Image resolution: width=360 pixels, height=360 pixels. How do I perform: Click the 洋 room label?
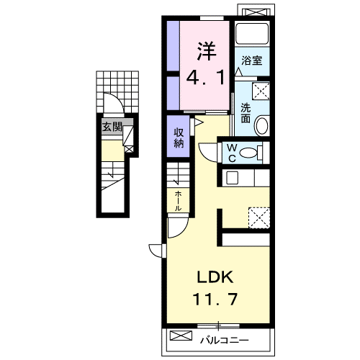click(207, 51)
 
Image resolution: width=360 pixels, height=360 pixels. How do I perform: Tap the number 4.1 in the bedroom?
click(206, 78)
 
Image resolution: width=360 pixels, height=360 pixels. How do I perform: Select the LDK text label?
click(215, 277)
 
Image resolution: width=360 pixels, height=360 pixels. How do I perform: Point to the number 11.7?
click(215, 299)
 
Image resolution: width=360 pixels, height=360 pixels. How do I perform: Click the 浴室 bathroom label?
click(251, 60)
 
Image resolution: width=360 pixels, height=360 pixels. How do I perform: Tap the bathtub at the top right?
click(252, 34)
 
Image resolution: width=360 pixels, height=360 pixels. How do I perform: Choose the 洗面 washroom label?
click(246, 113)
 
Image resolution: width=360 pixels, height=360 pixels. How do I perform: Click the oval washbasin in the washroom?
click(261, 125)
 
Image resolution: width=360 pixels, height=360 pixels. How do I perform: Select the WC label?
click(232, 153)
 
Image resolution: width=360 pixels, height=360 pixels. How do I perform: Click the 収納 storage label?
click(179, 138)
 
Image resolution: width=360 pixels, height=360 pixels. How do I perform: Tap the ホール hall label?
click(178, 201)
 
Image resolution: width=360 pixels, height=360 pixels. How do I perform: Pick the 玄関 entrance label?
click(112, 127)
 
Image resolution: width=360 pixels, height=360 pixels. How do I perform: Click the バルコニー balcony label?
click(225, 340)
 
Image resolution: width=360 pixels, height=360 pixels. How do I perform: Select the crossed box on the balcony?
click(181, 336)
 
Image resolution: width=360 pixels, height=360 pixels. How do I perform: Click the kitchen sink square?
click(232, 178)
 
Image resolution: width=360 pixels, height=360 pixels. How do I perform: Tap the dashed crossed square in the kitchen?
click(259, 217)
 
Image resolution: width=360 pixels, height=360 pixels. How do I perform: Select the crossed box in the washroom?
click(261, 91)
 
